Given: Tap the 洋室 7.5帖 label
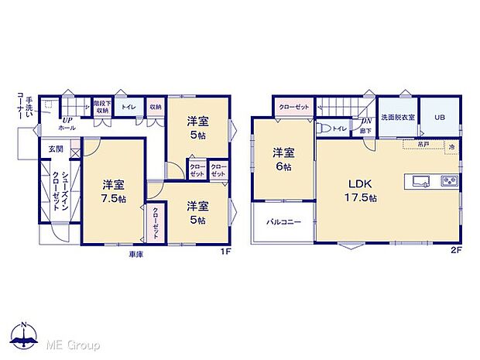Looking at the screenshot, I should (x=114, y=190).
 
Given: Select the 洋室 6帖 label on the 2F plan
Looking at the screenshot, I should (x=283, y=159).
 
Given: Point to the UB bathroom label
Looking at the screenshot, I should (x=440, y=117).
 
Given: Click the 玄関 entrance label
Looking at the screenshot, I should (x=56, y=149).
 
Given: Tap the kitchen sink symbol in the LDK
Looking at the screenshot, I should (x=421, y=182).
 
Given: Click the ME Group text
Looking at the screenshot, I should (x=73, y=343).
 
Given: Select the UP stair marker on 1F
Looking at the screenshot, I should (x=67, y=120).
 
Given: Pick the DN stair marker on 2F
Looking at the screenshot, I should (x=365, y=121).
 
